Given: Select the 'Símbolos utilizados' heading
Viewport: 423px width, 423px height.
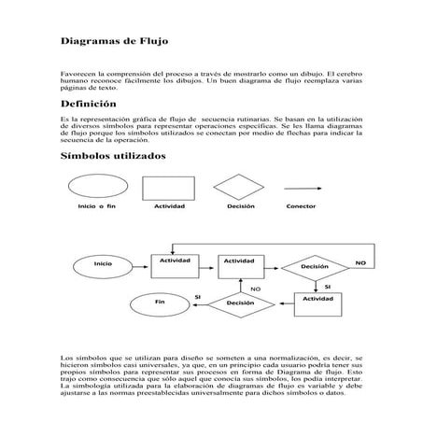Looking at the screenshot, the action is [x=113, y=156].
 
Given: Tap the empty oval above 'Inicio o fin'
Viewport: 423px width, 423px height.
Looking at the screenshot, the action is [x=99, y=185].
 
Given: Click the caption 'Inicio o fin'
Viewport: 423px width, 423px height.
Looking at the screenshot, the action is [x=98, y=205].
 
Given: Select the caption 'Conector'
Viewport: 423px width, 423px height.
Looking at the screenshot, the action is [x=302, y=205].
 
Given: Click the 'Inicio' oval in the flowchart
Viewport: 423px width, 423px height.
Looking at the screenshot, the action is [x=104, y=264].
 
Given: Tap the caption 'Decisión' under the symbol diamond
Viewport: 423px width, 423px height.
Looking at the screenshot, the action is [x=240, y=205].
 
